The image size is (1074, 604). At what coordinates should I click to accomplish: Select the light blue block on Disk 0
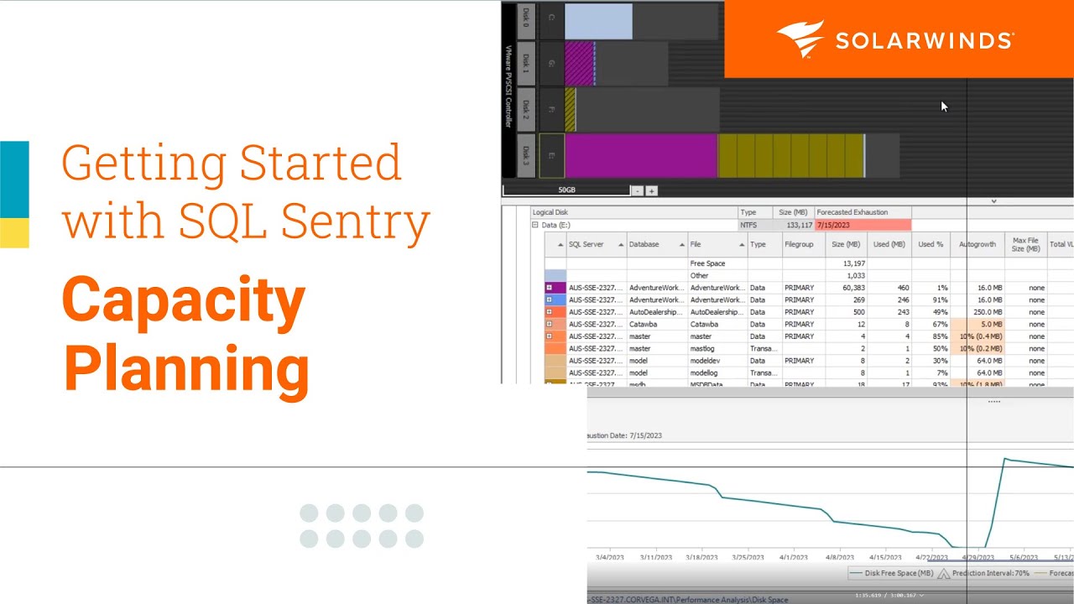[x=598, y=22]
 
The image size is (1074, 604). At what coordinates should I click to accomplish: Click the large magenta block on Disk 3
[x=640, y=155]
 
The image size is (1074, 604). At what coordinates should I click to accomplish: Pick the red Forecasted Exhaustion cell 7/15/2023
[x=863, y=225]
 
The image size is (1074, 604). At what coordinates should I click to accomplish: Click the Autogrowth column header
[x=977, y=244]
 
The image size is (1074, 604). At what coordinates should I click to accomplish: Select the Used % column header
[x=931, y=244]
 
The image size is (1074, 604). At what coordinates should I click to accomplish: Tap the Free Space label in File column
[x=707, y=263]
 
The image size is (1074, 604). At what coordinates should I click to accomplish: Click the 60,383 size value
[x=847, y=288]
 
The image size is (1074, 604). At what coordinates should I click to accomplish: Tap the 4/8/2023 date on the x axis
[x=838, y=557]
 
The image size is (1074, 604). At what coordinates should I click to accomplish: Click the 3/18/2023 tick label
[x=702, y=557]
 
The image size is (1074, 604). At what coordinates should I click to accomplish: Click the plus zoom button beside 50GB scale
[x=651, y=191]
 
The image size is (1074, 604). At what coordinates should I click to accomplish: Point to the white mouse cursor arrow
[x=944, y=107]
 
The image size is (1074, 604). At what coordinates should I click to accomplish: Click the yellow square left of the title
[x=14, y=232]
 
